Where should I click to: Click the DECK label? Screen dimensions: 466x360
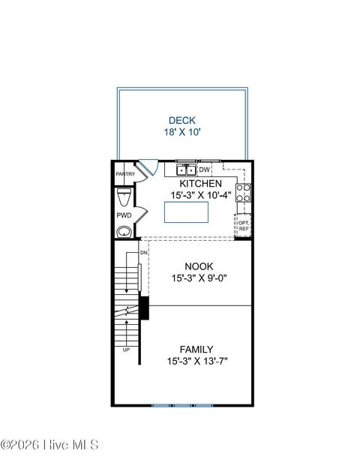pos(183,119)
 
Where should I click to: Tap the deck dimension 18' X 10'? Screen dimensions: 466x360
pos(183,132)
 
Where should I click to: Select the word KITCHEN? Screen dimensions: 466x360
pos(200,183)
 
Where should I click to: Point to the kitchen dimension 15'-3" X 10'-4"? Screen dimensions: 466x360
pos(200,195)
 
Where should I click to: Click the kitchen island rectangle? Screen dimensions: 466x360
pos(186,212)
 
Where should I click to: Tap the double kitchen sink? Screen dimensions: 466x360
pos(186,170)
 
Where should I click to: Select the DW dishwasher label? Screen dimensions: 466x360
pos(204,170)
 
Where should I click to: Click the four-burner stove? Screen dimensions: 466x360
pos(244,193)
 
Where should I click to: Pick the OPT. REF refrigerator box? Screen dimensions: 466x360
pos(244,224)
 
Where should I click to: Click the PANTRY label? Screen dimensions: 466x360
pos(124,174)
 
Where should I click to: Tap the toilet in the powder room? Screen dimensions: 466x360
pos(125,197)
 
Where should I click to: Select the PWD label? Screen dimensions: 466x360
pos(124,215)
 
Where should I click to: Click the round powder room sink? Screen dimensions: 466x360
pos(124,231)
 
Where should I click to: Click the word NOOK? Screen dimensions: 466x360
pos(199,266)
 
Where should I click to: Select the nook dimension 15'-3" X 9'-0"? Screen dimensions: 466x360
pos(199,278)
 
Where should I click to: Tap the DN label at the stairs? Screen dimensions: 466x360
pos(142,252)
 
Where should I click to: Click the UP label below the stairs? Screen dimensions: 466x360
pos(126,350)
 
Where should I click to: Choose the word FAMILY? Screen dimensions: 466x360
pos(196,349)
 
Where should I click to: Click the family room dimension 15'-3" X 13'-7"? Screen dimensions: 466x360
pos(196,362)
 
